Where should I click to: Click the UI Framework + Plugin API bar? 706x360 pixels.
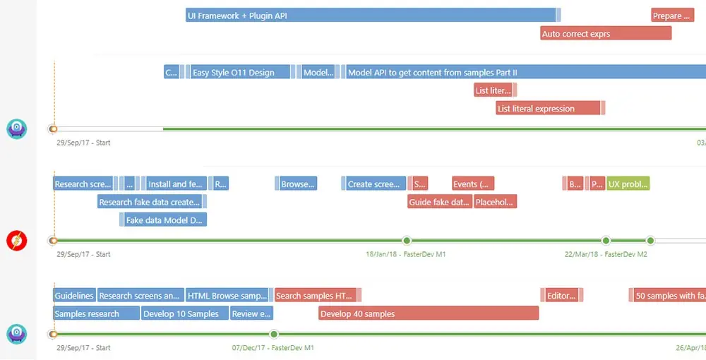pyautogui.click(x=371, y=16)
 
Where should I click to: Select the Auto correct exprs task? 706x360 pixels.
pyautogui.click(x=605, y=33)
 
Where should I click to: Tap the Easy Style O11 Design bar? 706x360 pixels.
pyautogui.click(x=240, y=72)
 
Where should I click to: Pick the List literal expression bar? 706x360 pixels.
pyautogui.click(x=548, y=108)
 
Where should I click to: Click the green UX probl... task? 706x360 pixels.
pyautogui.click(x=628, y=184)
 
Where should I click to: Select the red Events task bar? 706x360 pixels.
pyautogui.click(x=472, y=184)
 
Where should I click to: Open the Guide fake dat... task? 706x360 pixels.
pyautogui.click(x=439, y=202)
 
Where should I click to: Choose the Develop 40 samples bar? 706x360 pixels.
pyautogui.click(x=428, y=313)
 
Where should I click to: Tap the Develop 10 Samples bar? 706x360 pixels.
pyautogui.click(x=184, y=313)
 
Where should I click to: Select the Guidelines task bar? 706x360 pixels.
pyautogui.click(x=74, y=295)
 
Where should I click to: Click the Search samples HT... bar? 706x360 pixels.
pyautogui.click(x=315, y=295)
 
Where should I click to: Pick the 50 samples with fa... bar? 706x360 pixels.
pyautogui.click(x=667, y=295)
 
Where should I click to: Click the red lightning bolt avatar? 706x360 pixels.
pyautogui.click(x=16, y=241)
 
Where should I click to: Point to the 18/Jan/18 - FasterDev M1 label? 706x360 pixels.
pyautogui.click(x=405, y=254)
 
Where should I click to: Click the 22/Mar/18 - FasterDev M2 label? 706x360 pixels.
pyautogui.click(x=605, y=254)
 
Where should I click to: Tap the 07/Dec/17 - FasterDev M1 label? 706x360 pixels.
pyautogui.click(x=273, y=348)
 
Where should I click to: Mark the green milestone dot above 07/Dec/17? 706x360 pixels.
pyautogui.click(x=274, y=334)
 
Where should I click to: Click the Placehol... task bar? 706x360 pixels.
pyautogui.click(x=495, y=202)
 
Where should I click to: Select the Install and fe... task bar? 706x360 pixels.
pyautogui.click(x=176, y=184)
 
